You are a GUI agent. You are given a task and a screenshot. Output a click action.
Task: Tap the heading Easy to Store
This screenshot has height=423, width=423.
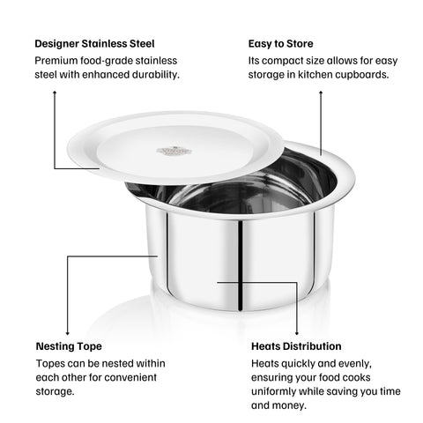(x=280, y=43)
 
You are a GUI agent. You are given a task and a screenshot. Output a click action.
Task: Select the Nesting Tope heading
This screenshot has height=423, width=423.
(x=69, y=346)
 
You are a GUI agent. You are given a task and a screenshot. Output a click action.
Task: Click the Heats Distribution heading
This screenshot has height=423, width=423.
(x=296, y=346)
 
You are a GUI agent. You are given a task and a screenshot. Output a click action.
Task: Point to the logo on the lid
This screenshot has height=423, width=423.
(x=174, y=151)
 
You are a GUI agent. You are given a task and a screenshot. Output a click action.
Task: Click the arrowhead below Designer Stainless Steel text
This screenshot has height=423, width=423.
(x=56, y=92)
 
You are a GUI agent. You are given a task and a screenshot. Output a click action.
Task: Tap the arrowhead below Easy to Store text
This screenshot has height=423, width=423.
(x=321, y=92)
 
